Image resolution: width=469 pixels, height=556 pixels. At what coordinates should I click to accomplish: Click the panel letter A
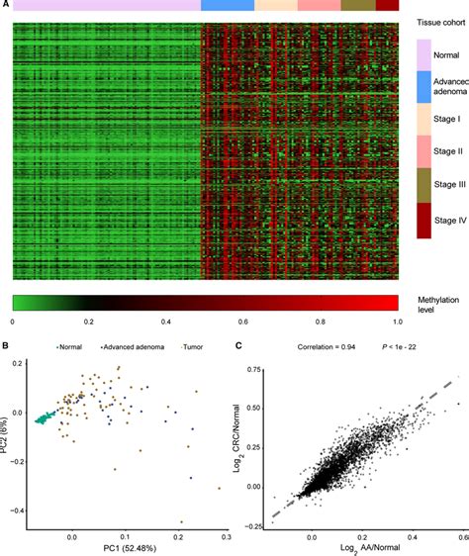point(6,5)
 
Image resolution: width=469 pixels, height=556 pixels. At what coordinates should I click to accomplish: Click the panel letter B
point(6,345)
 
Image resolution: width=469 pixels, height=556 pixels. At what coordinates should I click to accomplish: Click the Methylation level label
point(433,306)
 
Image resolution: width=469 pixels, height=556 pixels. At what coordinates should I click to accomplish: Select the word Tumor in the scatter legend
point(192,347)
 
